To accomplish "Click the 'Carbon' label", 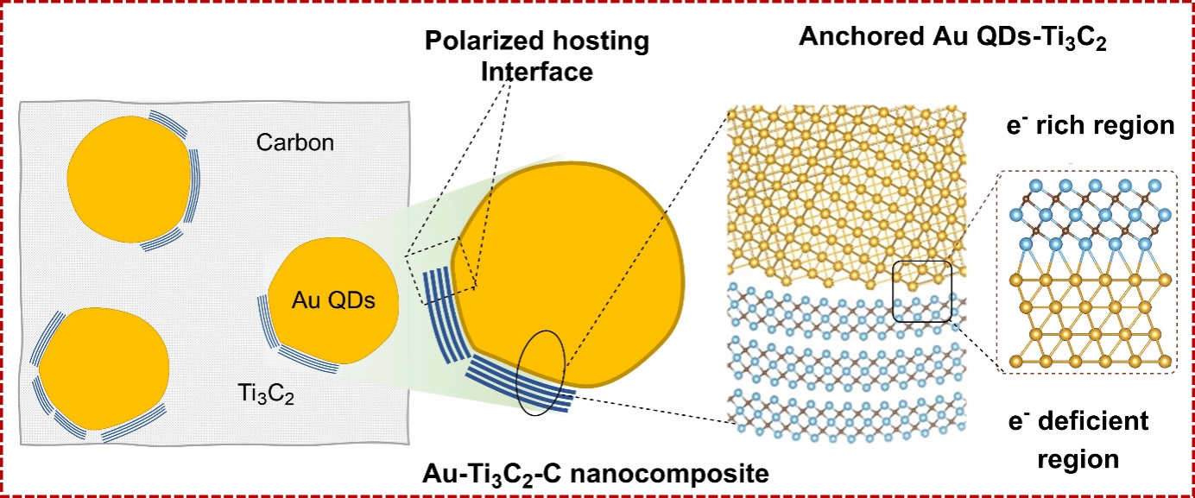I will tap(294, 142).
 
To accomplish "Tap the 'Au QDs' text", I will tap(332, 301).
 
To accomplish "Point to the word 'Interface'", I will tap(536, 72).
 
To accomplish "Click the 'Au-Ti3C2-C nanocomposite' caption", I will tap(595, 473).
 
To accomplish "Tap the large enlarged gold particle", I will tap(570, 276).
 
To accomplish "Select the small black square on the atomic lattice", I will tap(922, 292).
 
